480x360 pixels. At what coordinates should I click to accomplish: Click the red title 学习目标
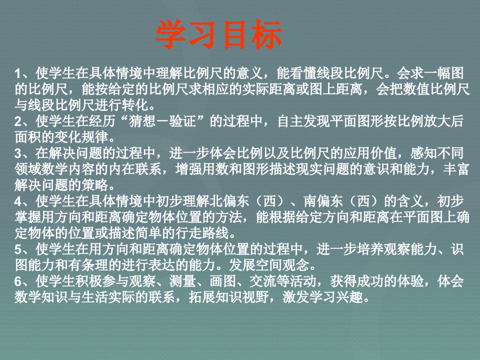click(x=219, y=34)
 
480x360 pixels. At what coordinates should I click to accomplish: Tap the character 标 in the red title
click(x=266, y=34)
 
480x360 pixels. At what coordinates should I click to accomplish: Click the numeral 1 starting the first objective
click(x=18, y=74)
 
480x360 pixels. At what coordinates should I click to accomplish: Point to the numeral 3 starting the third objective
click(x=18, y=153)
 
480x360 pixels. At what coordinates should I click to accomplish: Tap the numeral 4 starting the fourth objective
click(x=18, y=201)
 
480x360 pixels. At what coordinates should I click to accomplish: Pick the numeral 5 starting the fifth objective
click(x=18, y=249)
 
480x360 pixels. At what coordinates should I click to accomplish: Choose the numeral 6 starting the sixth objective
click(x=18, y=281)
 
